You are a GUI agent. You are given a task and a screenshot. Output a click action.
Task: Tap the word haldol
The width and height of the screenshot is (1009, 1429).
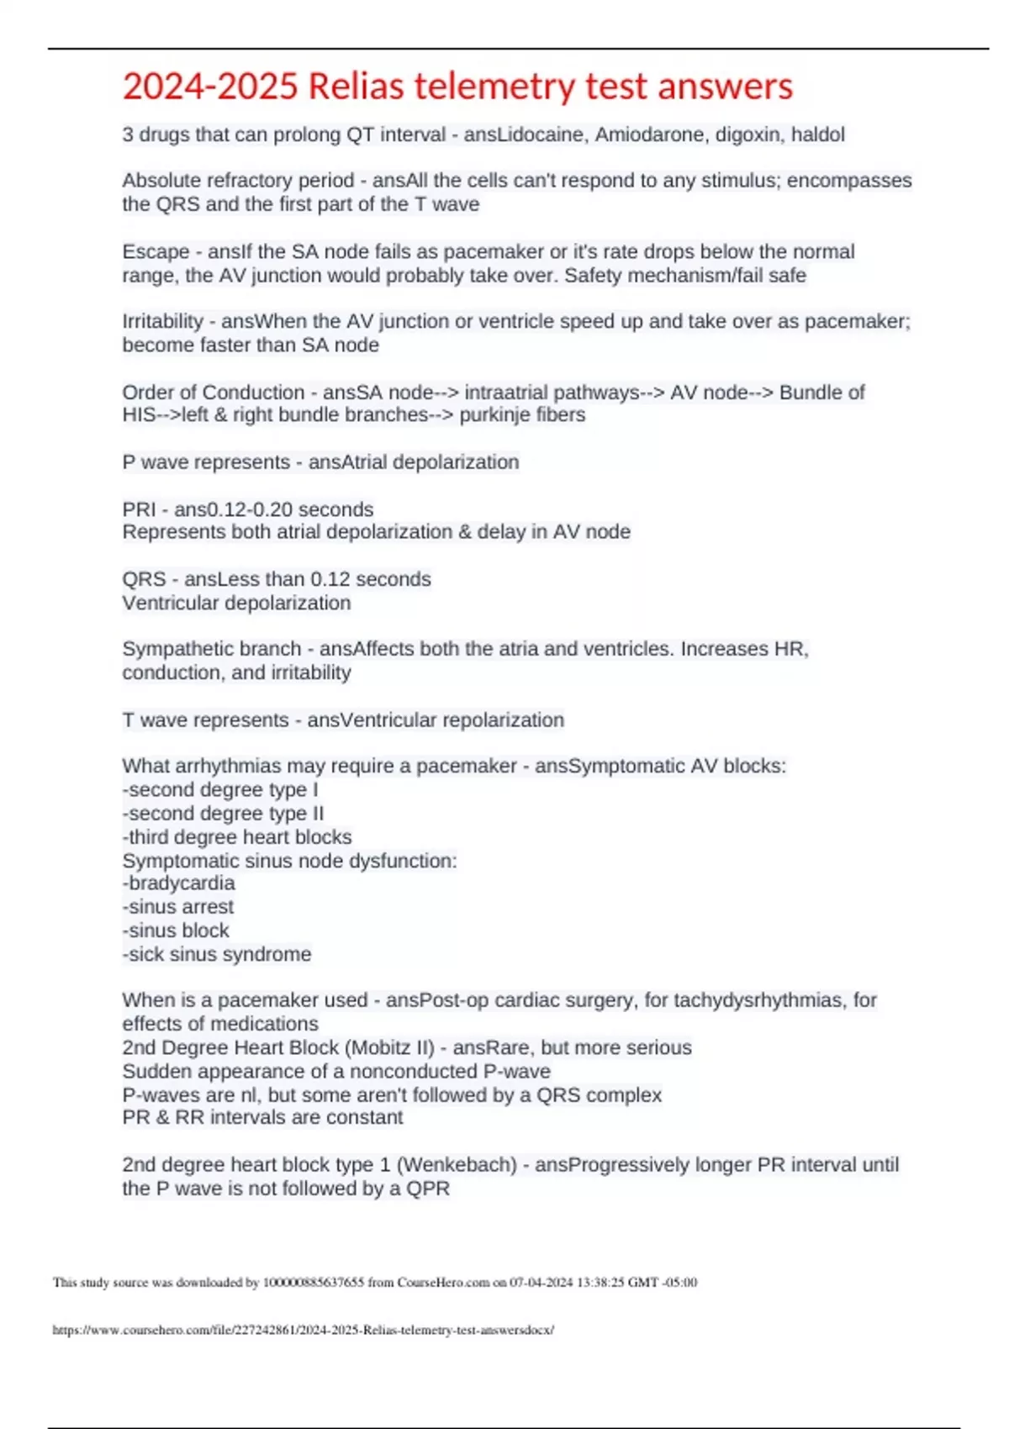(816, 134)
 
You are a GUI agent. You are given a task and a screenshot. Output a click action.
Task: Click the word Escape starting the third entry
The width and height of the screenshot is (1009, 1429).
(156, 251)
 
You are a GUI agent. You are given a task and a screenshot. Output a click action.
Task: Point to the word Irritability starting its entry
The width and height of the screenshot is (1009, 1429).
(162, 321)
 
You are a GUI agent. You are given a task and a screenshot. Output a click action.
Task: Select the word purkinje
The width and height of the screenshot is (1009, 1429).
(495, 415)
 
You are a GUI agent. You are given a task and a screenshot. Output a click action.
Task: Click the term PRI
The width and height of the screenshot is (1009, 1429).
(139, 509)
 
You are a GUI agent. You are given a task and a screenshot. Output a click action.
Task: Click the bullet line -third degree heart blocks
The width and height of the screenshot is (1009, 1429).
(237, 837)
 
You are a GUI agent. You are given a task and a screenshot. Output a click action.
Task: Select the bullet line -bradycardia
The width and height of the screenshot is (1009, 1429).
(178, 883)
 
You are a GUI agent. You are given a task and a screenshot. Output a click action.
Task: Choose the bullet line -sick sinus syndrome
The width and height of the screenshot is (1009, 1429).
(217, 954)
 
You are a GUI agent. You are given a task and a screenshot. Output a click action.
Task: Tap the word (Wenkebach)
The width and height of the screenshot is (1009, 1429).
(457, 1165)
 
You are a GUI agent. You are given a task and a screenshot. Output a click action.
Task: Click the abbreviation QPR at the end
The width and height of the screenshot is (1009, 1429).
(429, 1189)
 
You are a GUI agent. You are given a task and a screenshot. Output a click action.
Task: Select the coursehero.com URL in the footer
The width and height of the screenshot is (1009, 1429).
(304, 1330)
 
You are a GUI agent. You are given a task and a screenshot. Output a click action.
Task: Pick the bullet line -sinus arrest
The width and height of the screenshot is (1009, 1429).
(178, 907)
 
